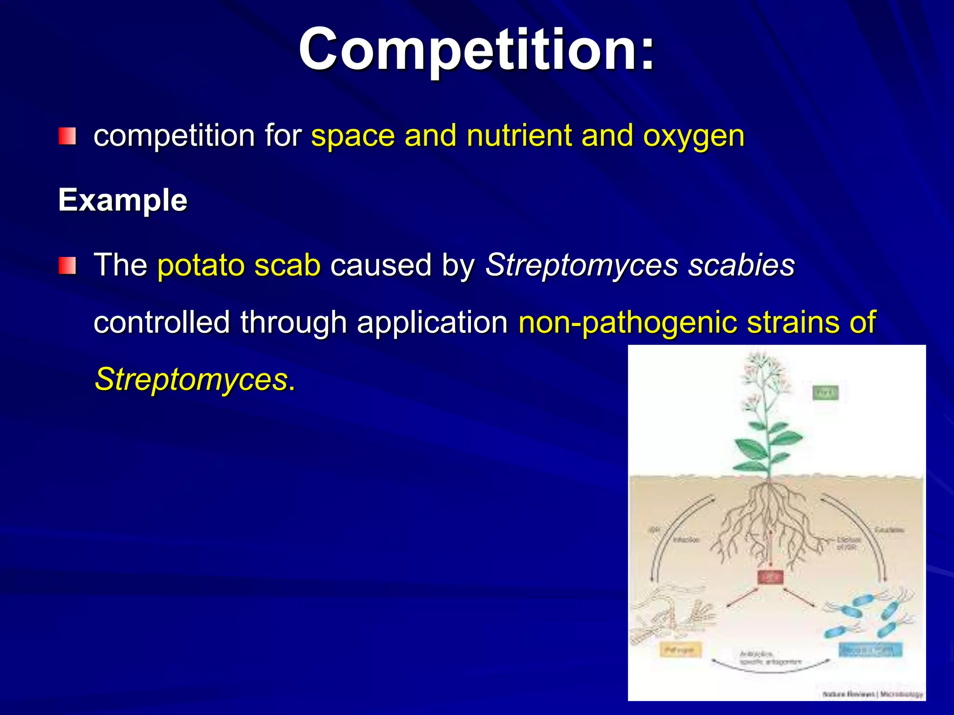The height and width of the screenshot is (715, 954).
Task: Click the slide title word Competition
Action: point(476,50)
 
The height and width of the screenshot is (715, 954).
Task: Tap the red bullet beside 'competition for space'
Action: point(67,136)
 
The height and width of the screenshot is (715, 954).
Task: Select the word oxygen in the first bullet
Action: point(694,136)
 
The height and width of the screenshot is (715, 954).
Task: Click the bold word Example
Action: point(123,200)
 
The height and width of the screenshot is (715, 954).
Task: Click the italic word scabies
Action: point(742,265)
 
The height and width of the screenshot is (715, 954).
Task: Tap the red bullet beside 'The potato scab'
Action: point(67,266)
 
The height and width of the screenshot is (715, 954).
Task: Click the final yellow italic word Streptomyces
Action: point(191,379)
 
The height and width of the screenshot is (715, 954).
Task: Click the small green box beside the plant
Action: point(825,393)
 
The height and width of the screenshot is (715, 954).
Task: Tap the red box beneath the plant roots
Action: point(770,577)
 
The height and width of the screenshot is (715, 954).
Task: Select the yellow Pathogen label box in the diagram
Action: point(681,649)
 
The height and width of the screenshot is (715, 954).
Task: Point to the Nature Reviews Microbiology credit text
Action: point(872,694)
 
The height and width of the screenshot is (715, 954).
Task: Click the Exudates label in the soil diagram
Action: point(889,530)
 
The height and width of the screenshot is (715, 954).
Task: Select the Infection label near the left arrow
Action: point(686,540)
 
